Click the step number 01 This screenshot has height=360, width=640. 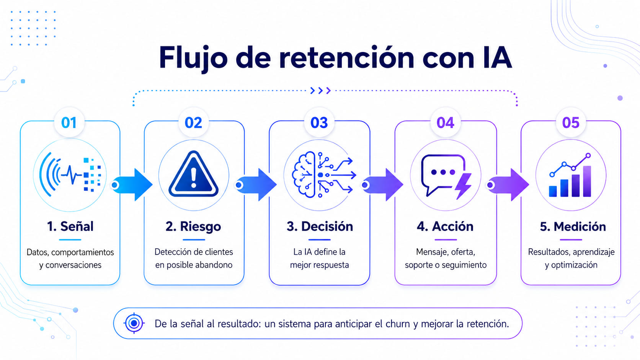coord(69,123)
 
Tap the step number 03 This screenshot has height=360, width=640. coord(319,123)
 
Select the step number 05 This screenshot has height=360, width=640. coord(571,123)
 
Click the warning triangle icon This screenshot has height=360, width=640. coord(193,174)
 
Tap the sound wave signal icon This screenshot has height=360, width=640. coord(70,174)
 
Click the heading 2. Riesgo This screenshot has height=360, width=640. coord(193,226)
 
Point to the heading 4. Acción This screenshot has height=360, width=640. coord(445,226)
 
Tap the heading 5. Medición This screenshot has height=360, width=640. coord(573,226)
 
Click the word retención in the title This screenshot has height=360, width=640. coord(346,58)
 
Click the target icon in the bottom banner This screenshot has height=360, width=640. coord(134,323)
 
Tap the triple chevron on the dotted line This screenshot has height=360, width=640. coord(320,91)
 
